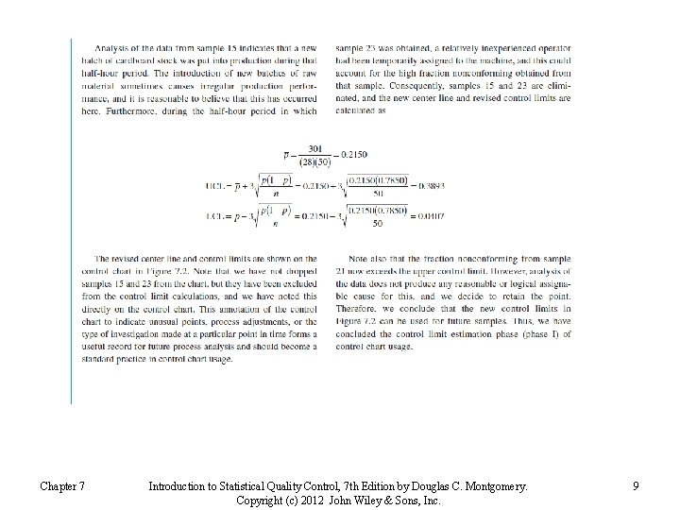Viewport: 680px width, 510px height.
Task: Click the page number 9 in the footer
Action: (x=637, y=486)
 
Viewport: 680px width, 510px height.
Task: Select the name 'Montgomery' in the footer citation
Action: (x=491, y=486)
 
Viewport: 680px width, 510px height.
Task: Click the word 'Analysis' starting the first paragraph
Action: (x=113, y=47)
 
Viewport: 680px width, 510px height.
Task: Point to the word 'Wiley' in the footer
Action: (x=373, y=501)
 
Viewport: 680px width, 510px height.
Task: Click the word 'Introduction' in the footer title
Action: (x=178, y=486)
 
